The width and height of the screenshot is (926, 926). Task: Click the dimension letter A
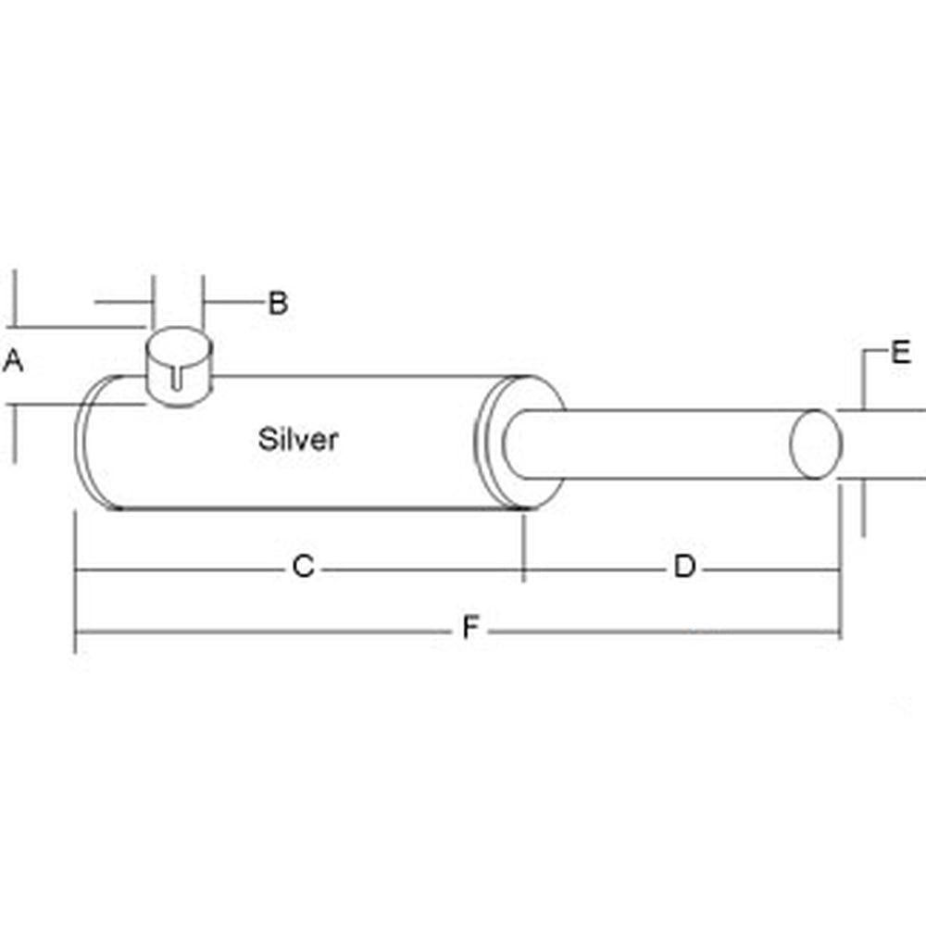(13, 361)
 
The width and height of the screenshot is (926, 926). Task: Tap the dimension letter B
(278, 303)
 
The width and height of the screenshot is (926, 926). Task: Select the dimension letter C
(304, 567)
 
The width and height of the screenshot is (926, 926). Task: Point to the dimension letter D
(684, 567)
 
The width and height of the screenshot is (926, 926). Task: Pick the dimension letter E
(901, 353)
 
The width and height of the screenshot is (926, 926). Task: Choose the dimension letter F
(471, 630)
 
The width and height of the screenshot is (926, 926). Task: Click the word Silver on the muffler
(298, 439)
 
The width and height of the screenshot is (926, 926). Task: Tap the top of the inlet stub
(180, 344)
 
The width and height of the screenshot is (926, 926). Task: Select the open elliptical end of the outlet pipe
(816, 444)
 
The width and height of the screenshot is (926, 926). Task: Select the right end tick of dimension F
(840, 633)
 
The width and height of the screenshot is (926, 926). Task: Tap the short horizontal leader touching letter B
(233, 301)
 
